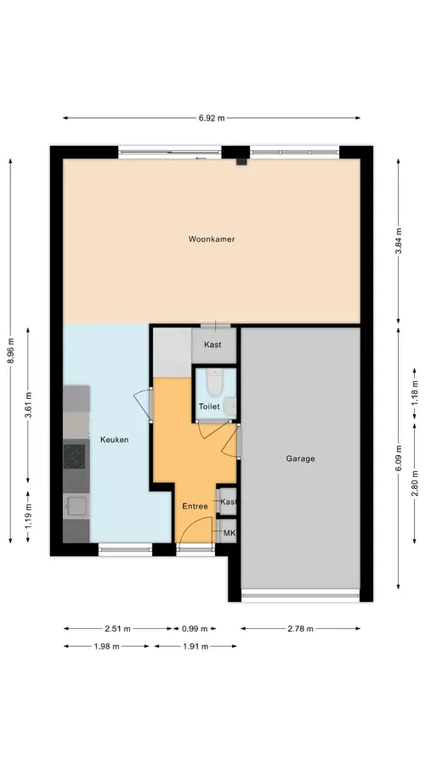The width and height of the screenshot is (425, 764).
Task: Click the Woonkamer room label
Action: (212, 239)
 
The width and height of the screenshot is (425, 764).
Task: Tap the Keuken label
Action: (114, 440)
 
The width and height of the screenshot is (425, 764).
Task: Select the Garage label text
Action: (300, 458)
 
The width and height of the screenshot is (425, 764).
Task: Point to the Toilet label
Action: (209, 407)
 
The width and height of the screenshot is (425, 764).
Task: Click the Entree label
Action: (195, 506)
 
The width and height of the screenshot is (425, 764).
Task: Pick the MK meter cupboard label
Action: (229, 534)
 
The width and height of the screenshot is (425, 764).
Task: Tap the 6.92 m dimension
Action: (212, 118)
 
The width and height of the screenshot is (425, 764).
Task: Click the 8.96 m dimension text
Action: (11, 351)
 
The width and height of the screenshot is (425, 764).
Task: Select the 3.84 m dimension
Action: (399, 241)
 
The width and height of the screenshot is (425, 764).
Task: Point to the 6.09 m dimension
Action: (399, 458)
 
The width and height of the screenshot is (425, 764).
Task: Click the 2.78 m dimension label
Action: (300, 628)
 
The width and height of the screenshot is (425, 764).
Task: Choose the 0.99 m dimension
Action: (195, 628)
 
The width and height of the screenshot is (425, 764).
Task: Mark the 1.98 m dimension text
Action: (106, 647)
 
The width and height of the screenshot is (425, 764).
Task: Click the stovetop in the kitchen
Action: (74, 457)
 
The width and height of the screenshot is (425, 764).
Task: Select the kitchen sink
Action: (75, 506)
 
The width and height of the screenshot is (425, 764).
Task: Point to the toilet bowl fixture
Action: (213, 381)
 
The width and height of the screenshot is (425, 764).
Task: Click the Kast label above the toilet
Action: (212, 345)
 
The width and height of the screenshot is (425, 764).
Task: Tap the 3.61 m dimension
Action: (28, 405)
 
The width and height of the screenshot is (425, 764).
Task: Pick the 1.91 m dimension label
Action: (195, 647)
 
